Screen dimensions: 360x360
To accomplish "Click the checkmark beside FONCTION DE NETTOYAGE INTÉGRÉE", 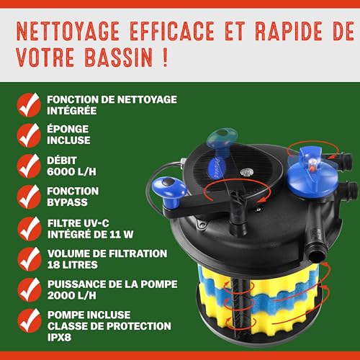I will (29, 104).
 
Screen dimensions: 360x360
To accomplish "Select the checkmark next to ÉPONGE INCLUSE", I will (29, 134).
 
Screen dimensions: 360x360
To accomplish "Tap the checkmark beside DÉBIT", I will (29, 163).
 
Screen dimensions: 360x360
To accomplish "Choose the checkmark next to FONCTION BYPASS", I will (29, 194).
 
